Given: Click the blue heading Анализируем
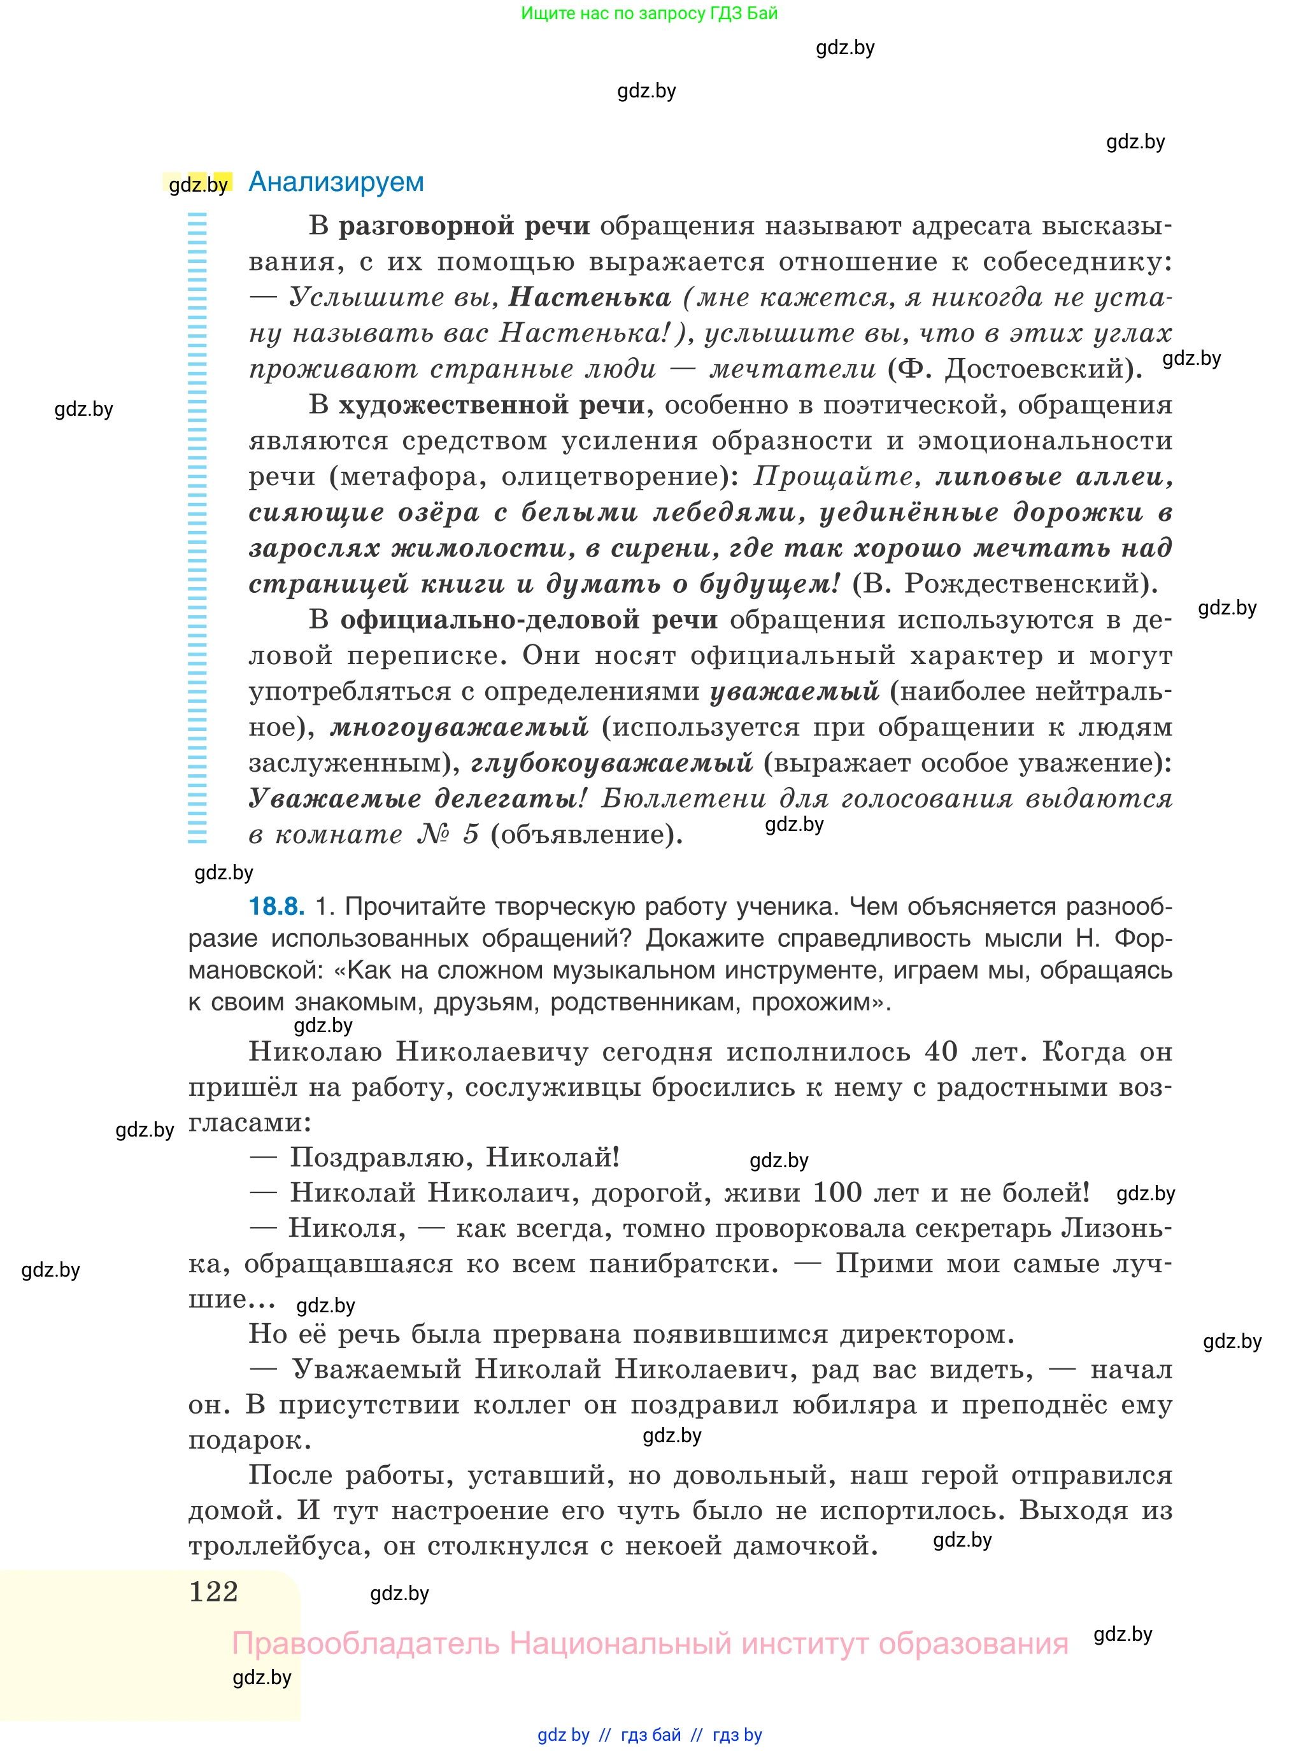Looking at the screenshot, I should [x=336, y=182].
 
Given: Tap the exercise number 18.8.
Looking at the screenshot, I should [x=276, y=906].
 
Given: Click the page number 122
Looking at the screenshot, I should [x=213, y=1591].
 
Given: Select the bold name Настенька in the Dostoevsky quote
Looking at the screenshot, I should [x=590, y=297].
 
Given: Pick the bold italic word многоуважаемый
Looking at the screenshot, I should [x=459, y=727].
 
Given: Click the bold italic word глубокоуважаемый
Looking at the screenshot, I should [x=612, y=763].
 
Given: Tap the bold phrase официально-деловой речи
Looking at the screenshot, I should [x=529, y=620].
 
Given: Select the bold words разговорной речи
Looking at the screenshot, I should [x=464, y=226].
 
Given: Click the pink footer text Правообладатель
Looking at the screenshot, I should [x=366, y=1644].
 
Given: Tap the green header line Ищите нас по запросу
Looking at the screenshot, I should [x=649, y=13].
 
